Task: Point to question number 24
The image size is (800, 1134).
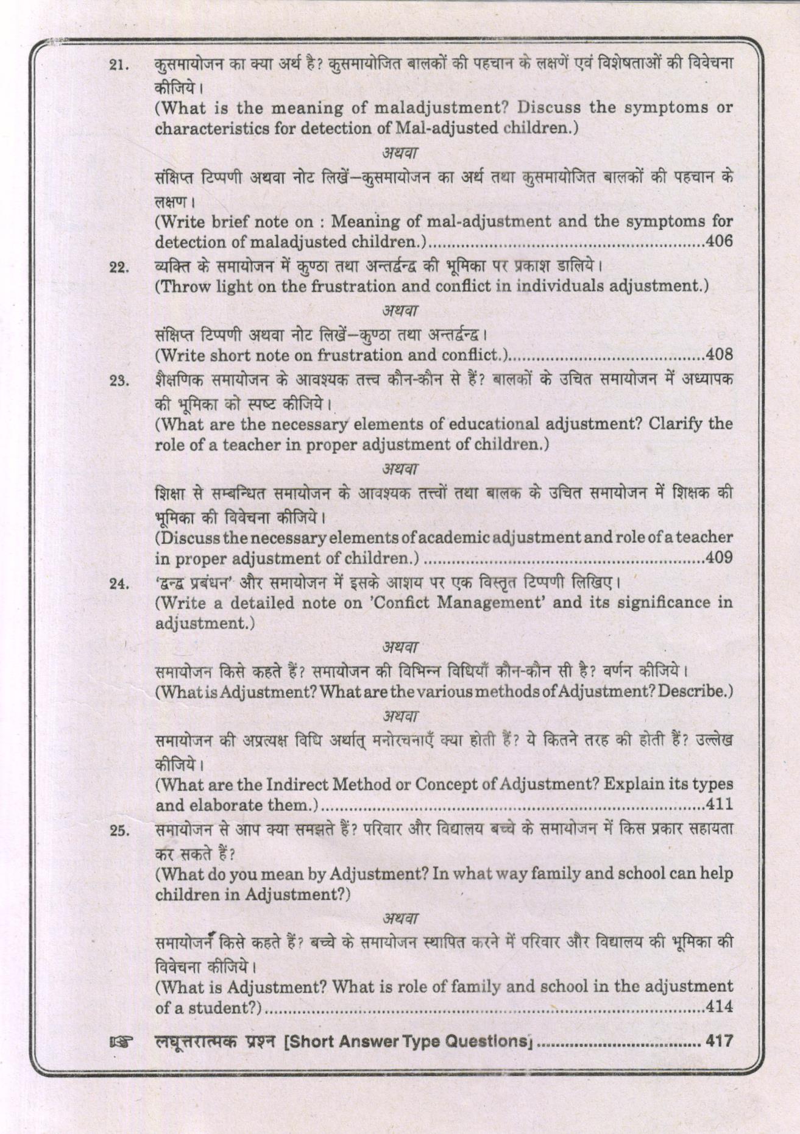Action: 117,585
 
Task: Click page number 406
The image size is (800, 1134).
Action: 718,242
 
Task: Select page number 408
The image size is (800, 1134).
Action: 718,355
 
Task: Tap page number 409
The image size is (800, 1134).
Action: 718,558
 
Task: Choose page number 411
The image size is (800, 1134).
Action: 719,805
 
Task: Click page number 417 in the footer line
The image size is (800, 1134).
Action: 718,1041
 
